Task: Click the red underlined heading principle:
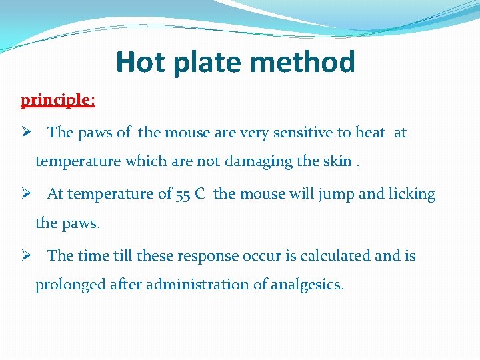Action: (57, 100)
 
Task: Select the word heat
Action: (370, 133)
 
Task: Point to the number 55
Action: (183, 195)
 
